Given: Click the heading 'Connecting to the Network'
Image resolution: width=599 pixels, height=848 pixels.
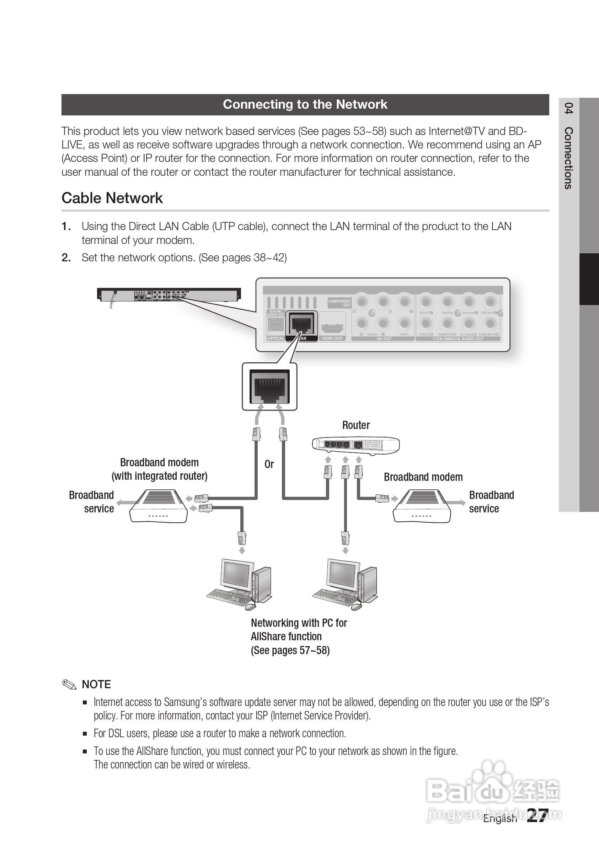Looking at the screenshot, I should coord(305,104).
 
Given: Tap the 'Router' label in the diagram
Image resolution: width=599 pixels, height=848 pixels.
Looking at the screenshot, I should coord(356,425).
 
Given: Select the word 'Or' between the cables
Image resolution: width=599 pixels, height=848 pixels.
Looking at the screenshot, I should coord(269,464).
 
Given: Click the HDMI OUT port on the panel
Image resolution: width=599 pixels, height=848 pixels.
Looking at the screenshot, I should coord(332,327).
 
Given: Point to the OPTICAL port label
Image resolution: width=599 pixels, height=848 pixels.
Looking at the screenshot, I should coord(276,338).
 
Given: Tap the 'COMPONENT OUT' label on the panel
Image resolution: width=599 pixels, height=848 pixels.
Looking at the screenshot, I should coord(339,303).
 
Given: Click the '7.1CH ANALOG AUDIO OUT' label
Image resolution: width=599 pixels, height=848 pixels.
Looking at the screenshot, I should coord(458,339).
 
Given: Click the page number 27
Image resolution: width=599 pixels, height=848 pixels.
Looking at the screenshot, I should coord(537,815).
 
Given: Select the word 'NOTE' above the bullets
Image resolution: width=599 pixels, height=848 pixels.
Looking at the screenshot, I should coord(96,684).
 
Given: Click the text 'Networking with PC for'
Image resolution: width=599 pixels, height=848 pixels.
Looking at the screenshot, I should coord(299,623).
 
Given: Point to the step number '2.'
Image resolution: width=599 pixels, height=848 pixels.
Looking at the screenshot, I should coord(66,258).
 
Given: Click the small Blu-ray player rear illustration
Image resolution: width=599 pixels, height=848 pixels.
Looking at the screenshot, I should coord(169,294).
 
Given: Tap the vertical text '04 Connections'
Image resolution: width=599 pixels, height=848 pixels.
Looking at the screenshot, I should coord(569,146).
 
